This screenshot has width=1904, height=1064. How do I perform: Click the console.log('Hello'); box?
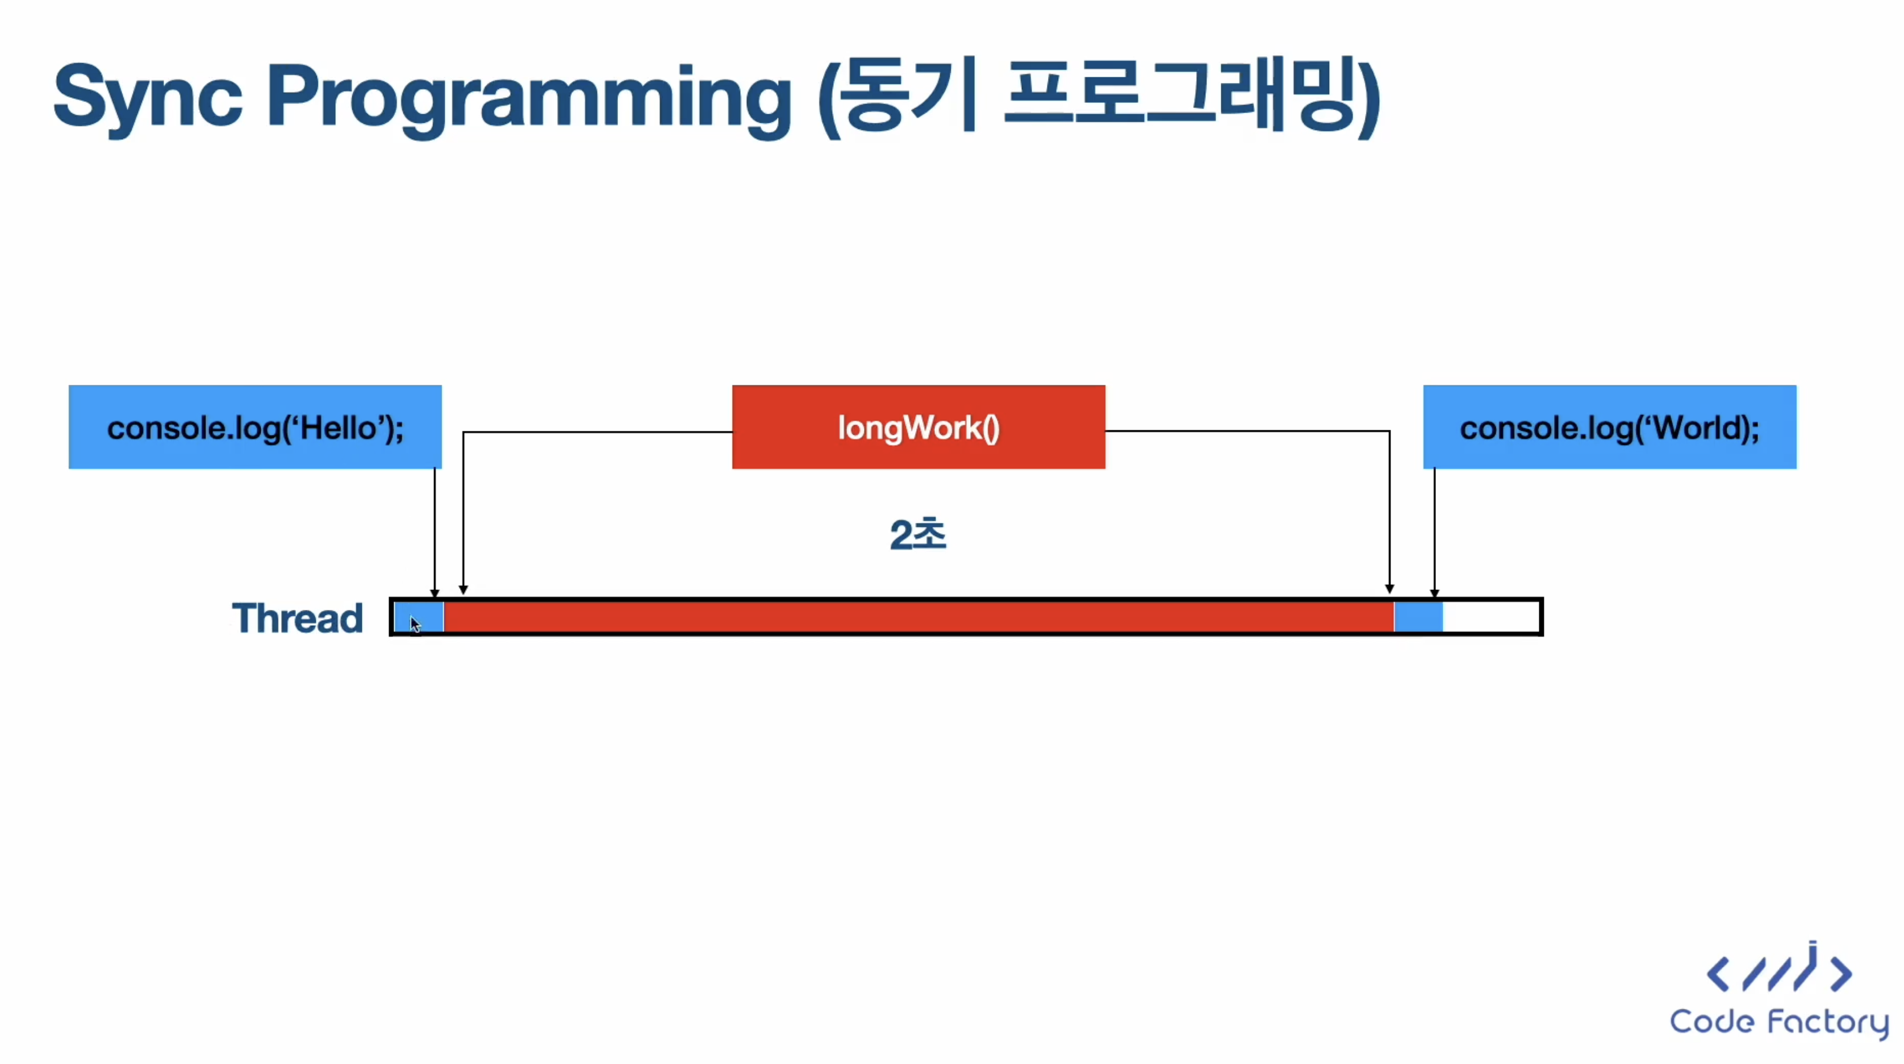255,427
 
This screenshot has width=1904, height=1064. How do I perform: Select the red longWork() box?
918,427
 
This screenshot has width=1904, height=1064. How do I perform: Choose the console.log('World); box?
1610,427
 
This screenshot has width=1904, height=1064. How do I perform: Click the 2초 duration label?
918,534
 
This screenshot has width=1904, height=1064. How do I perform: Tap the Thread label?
297,618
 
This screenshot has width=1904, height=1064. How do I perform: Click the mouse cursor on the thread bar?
415,624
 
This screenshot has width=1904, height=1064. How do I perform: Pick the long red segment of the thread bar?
918,617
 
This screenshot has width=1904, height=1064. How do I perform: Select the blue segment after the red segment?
1418,617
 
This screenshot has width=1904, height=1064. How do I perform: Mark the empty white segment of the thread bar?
1491,617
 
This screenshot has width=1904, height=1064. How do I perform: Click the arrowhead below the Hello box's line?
435,593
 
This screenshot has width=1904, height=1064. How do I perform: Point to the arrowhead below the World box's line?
1435,593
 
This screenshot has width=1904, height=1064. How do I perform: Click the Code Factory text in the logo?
1779,1023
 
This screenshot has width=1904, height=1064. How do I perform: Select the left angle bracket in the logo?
1718,974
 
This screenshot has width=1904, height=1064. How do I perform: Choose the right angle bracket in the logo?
1841,974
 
